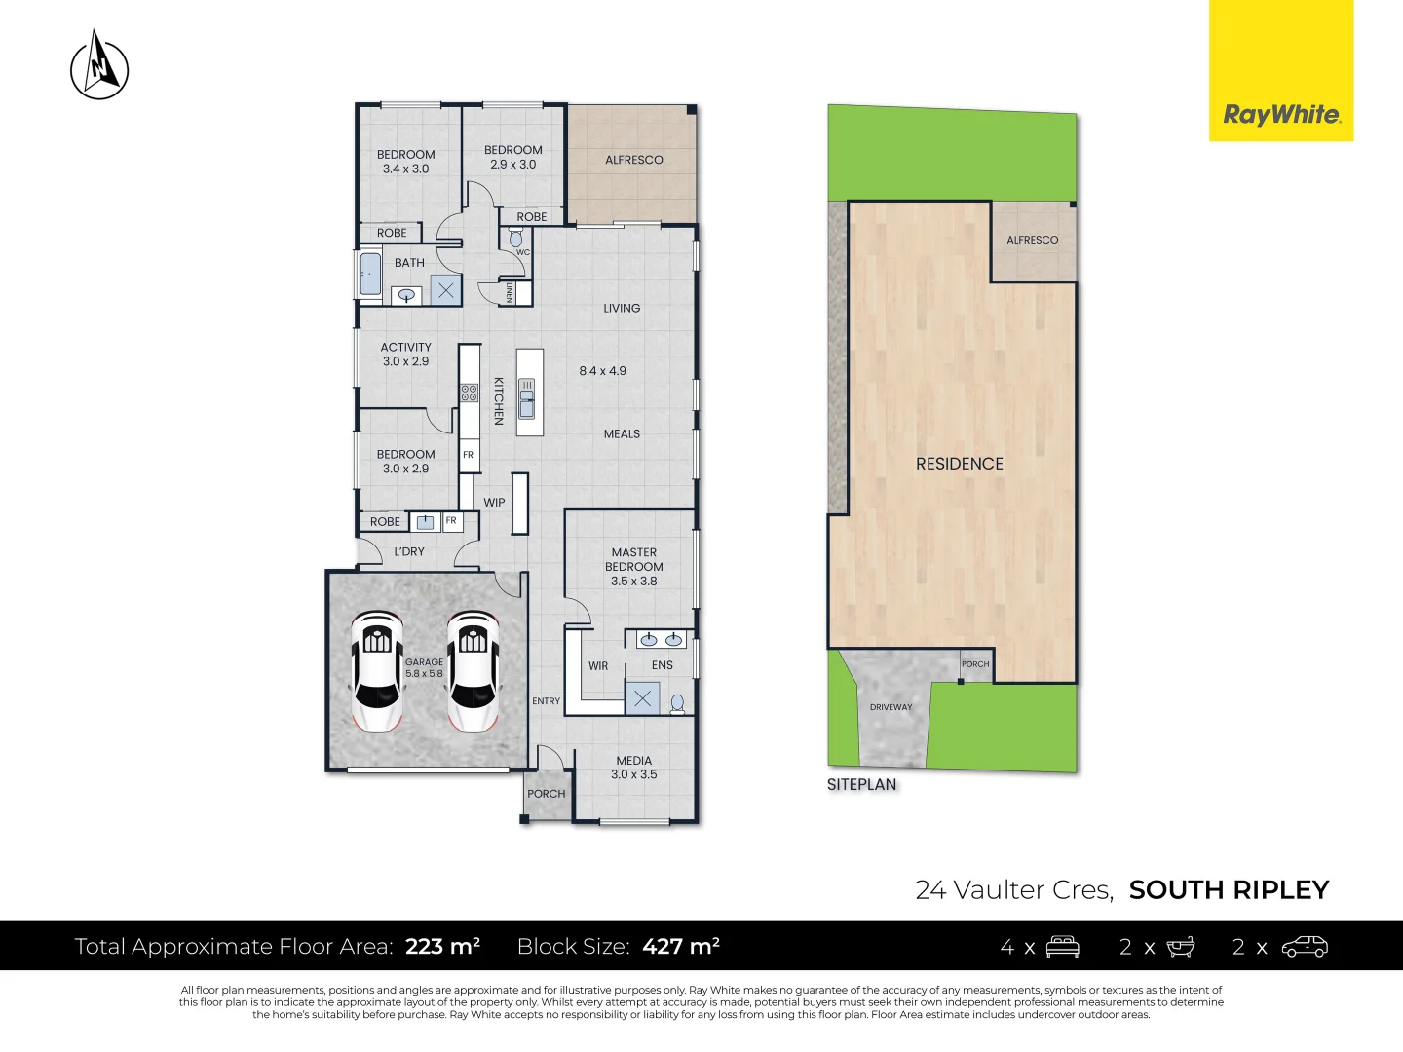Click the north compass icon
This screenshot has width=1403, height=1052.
coord(99,66)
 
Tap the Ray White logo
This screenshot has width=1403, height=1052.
coord(1281,115)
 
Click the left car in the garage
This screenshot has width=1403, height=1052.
coord(377,671)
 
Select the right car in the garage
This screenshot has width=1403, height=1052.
coord(473,671)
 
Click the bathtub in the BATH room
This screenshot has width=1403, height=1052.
coord(370,275)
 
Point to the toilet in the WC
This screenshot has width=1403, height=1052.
coord(516,239)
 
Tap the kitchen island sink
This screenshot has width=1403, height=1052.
coord(527,398)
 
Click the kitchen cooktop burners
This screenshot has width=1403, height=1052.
coord(470,394)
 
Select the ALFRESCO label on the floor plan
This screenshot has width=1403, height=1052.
coord(633,160)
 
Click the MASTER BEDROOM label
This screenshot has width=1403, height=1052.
coord(633,566)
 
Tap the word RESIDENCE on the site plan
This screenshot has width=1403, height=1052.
coord(959,464)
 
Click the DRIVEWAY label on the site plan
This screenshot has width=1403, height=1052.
coord(891,707)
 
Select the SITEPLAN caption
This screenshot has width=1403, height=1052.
coord(861,784)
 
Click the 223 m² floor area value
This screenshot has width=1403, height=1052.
coord(442,946)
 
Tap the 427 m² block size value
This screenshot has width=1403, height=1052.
coord(681,946)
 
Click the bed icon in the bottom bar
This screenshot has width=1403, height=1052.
coord(1062,947)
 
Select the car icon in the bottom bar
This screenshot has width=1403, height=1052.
coord(1305,947)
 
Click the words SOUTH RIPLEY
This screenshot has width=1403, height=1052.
coord(1229,889)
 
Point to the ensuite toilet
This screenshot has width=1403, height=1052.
coord(677,702)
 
